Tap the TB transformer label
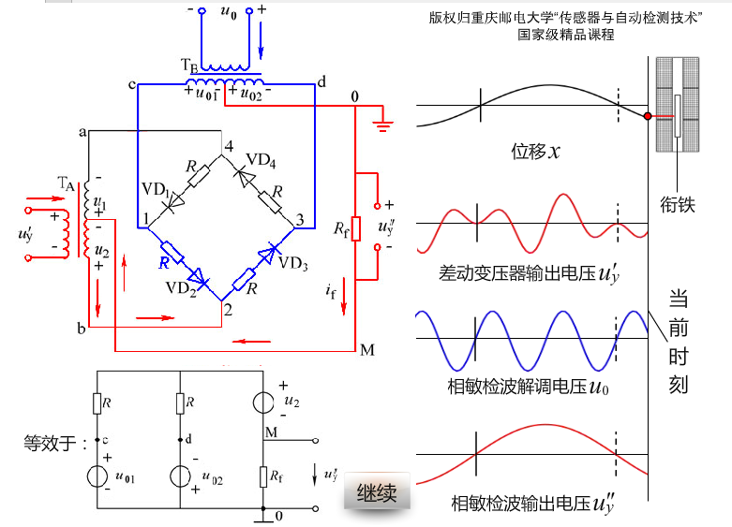pos(188,66)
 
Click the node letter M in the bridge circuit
pos(366,351)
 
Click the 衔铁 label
pos(677,202)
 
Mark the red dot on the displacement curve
pos(648,116)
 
